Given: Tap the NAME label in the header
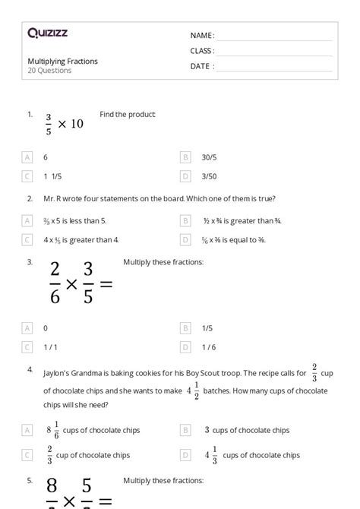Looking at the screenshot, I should (x=201, y=35).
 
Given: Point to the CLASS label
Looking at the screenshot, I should (x=202, y=50).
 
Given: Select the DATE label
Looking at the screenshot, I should (x=201, y=65).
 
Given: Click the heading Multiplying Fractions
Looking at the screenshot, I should (x=62, y=62).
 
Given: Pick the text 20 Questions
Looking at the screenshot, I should (x=49, y=71).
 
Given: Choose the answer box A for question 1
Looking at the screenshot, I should (x=28, y=157).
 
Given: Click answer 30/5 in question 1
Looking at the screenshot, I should (x=209, y=157).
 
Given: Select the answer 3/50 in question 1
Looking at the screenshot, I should (x=208, y=176).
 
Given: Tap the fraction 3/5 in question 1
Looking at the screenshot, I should (x=49, y=124).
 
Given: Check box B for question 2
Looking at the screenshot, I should (x=185, y=221).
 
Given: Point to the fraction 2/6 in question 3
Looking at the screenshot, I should (x=55, y=283).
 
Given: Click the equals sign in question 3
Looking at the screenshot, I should (x=106, y=283).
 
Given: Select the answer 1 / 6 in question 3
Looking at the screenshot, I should (x=209, y=347).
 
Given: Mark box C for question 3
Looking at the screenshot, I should (x=28, y=347).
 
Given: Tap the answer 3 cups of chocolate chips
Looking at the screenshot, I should (x=246, y=430).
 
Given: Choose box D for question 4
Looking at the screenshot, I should (x=185, y=455).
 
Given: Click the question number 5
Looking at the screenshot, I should (x=30, y=480).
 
